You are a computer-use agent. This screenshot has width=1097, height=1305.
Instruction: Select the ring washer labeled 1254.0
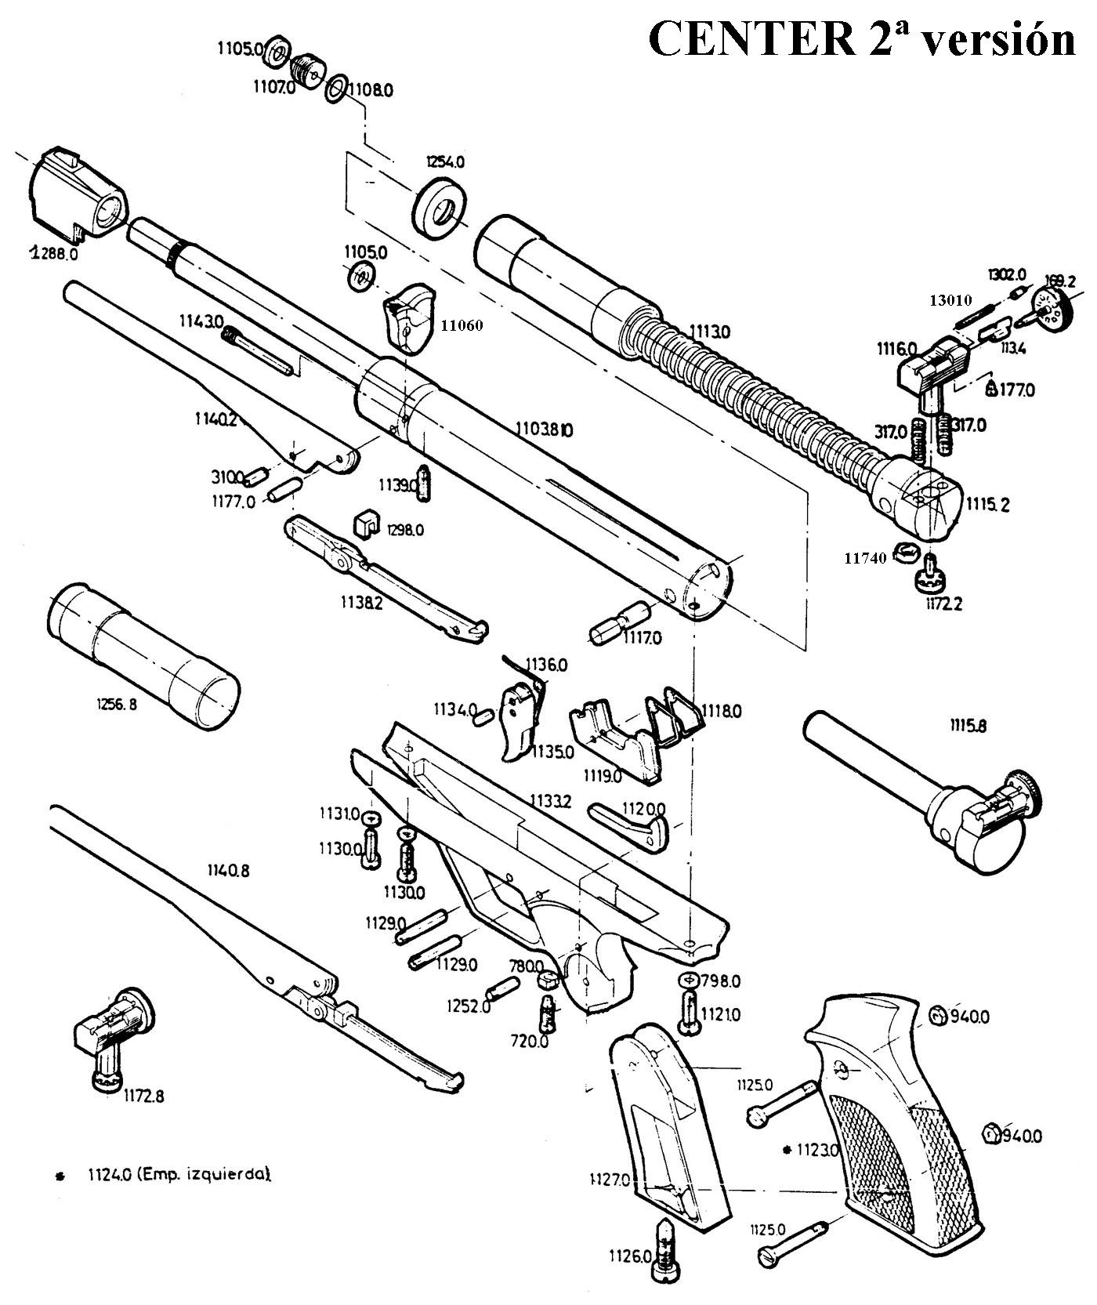(x=440, y=208)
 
